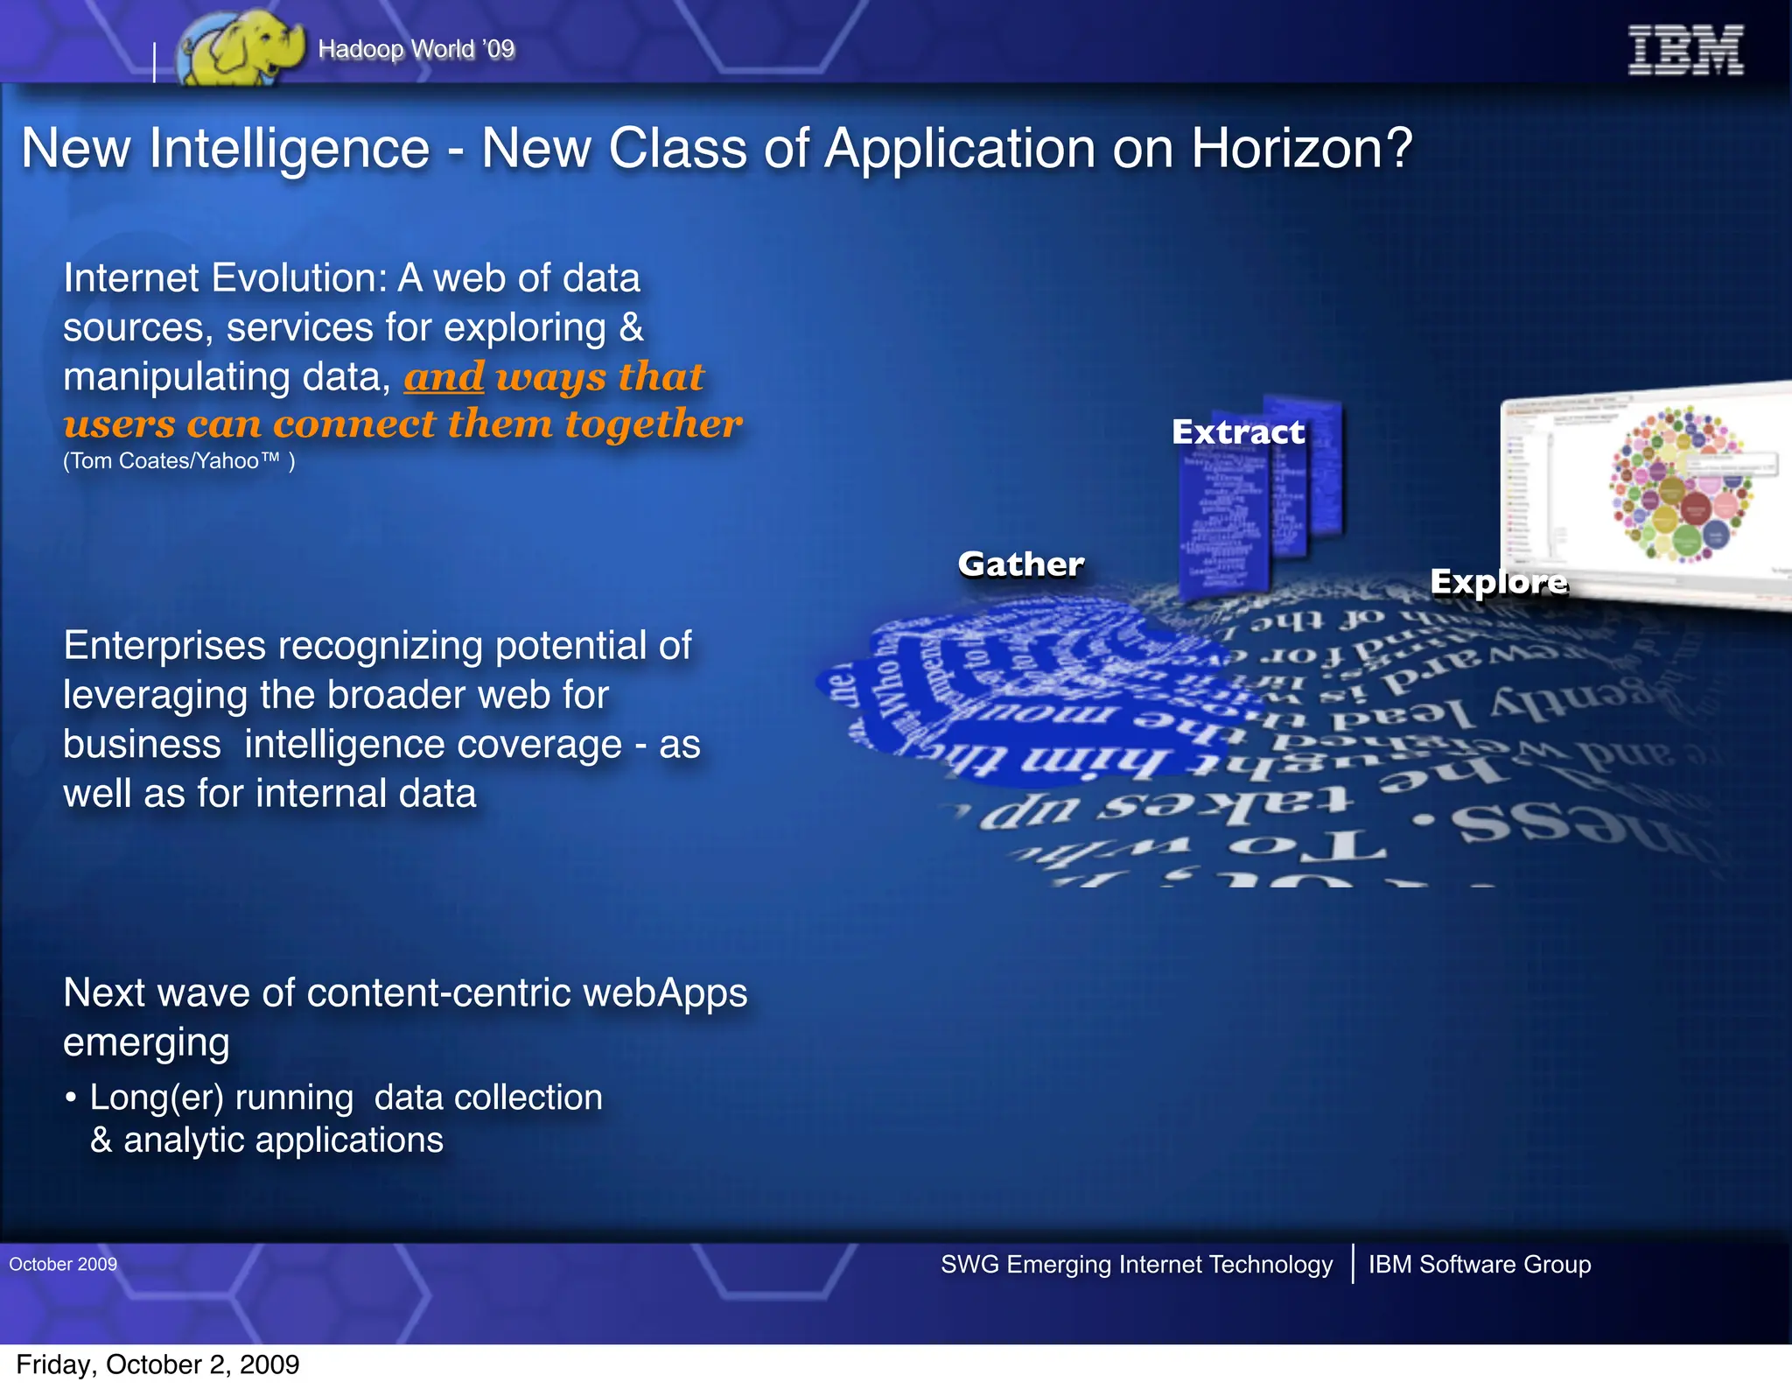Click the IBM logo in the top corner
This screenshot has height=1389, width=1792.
[x=1684, y=50]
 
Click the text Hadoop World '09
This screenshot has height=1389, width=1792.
[x=416, y=49]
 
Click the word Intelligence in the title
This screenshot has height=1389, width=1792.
[x=289, y=149]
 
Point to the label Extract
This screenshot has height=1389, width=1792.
[x=1237, y=432]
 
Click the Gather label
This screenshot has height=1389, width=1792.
[x=1020, y=565]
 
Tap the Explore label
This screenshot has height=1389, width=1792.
[x=1498, y=582]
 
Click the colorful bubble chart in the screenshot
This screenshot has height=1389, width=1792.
[x=1680, y=483]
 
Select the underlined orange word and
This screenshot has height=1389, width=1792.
[x=444, y=377]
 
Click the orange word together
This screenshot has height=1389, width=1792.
[x=653, y=424]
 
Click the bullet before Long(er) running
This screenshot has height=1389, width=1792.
[x=71, y=1098]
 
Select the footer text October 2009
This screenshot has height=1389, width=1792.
[x=63, y=1264]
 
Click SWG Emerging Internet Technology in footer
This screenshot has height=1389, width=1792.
[x=1136, y=1264]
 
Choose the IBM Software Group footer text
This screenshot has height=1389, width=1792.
[x=1479, y=1264]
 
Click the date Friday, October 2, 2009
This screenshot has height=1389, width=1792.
[x=157, y=1364]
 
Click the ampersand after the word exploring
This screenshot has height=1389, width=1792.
[x=632, y=328]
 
